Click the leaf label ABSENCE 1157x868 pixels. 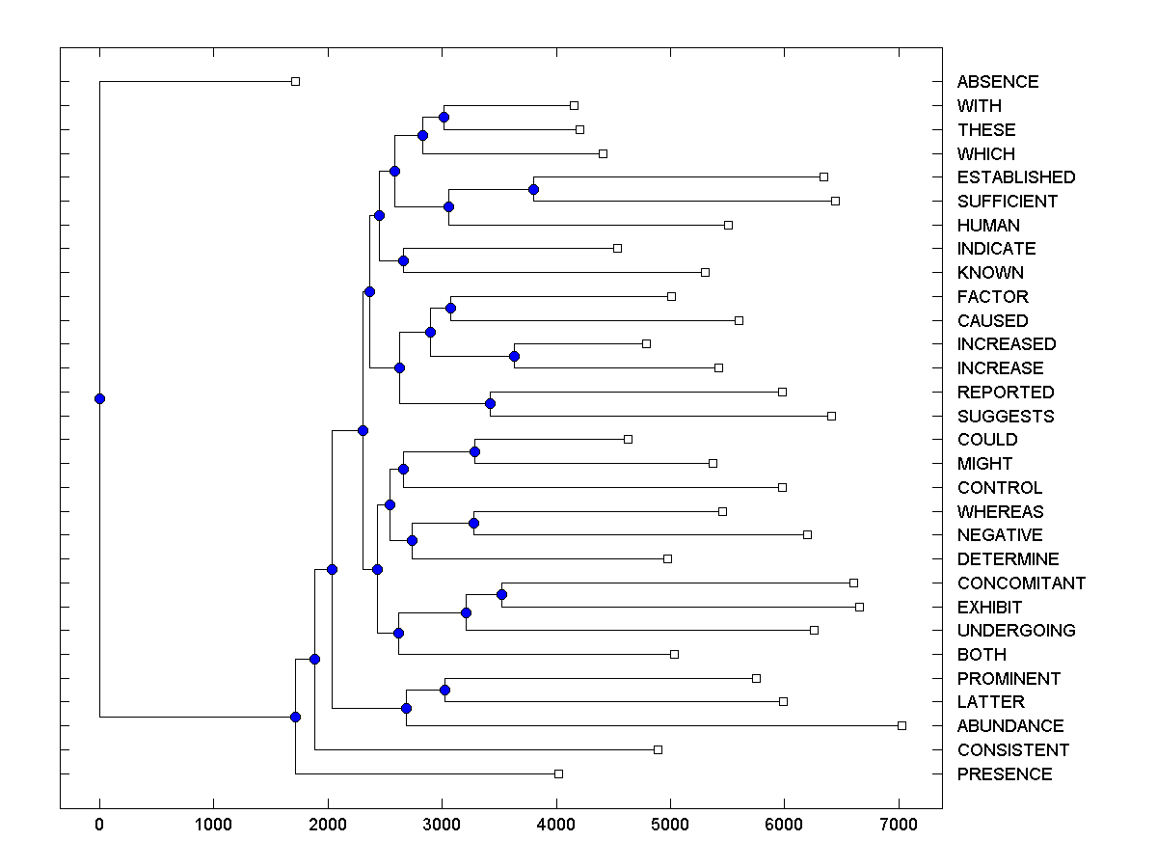tap(998, 82)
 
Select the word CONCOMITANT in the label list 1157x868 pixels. tap(1021, 583)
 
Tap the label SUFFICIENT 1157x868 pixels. tap(1007, 202)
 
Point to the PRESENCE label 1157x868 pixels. tap(1005, 774)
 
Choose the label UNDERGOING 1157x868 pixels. tap(1016, 631)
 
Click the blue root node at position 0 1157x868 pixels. tap(99, 398)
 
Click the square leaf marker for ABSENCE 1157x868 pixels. tap(295, 81)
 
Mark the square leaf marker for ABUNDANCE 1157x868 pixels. tap(901, 725)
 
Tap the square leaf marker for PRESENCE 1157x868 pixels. tap(558, 773)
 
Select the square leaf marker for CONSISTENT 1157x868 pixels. tap(658, 749)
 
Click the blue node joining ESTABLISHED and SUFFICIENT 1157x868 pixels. tap(533, 189)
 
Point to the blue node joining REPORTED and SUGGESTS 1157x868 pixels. tap(490, 403)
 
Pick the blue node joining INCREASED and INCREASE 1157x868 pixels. tap(515, 356)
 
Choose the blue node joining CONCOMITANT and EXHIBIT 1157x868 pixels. tap(501, 594)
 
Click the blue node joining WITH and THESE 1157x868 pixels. tap(444, 117)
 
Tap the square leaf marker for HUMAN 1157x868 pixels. tap(728, 225)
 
